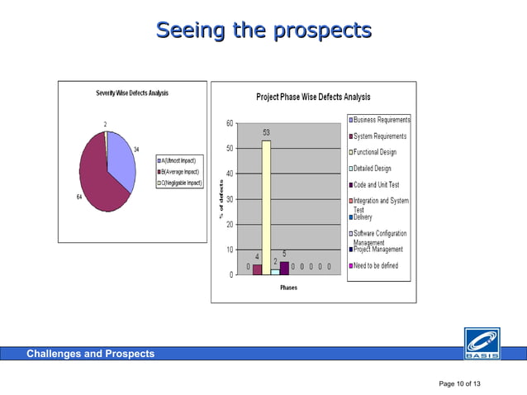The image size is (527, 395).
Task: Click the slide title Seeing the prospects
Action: click(263, 31)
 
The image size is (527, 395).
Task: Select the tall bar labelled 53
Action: click(266, 207)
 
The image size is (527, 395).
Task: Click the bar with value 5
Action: click(284, 268)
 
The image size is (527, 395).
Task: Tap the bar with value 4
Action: click(257, 269)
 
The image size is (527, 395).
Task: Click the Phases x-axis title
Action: click(288, 288)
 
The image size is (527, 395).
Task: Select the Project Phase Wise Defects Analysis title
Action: click(313, 97)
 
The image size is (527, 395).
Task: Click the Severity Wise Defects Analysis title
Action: click(132, 93)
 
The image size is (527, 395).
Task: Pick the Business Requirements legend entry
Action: click(381, 120)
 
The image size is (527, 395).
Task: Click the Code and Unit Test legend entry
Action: click(379, 185)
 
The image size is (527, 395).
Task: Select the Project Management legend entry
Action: click(381, 250)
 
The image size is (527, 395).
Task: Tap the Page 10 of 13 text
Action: click(460, 384)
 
